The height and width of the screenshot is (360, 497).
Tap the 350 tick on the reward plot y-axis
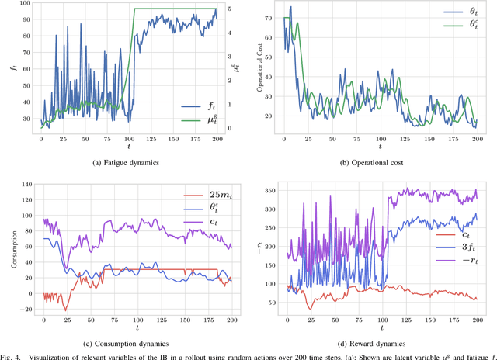272,190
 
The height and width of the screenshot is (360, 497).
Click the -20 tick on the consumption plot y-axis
26,309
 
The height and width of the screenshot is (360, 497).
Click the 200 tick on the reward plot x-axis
478,320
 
